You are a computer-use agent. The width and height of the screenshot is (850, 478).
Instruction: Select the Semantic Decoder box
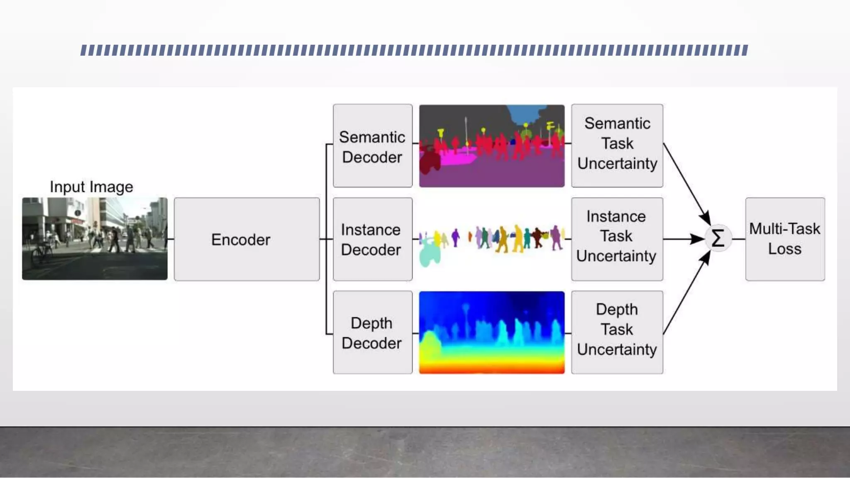[372, 146]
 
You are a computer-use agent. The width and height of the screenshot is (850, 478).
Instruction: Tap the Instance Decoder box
[372, 239]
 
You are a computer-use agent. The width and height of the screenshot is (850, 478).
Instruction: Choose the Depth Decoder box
[372, 333]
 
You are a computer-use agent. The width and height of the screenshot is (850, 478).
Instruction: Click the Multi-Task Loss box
[785, 239]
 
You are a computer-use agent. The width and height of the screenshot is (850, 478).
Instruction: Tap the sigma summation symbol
[718, 239]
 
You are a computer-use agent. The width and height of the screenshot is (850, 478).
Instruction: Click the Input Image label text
[91, 187]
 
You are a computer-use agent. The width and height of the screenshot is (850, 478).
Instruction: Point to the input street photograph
[95, 239]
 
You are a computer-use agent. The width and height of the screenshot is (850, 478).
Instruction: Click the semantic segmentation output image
[491, 146]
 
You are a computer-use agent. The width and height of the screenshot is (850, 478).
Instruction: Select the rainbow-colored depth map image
[491, 333]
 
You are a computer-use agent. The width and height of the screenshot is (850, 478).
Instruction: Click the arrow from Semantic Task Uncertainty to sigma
[687, 185]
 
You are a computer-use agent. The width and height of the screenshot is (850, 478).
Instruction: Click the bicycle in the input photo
[42, 253]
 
